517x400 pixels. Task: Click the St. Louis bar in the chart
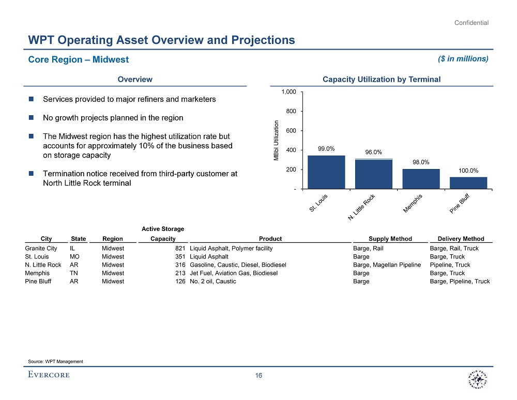pos(326,172)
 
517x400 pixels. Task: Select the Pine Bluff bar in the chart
pos(468,183)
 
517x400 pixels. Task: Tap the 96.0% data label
pos(373,152)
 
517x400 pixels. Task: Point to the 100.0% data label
pos(468,170)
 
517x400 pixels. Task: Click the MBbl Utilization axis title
pos(276,140)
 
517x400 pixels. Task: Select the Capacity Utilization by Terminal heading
pos(381,79)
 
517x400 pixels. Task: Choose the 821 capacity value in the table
pos(180,249)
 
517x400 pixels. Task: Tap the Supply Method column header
pos(390,239)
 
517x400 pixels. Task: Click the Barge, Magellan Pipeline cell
pos(387,265)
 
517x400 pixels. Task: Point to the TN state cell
pos(74,273)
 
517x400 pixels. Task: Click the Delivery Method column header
pos(461,239)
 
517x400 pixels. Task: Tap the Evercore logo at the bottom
pos(49,375)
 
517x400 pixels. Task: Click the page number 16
pos(258,376)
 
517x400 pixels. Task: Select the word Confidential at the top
pos(472,23)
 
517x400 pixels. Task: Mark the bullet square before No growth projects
pos(32,118)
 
